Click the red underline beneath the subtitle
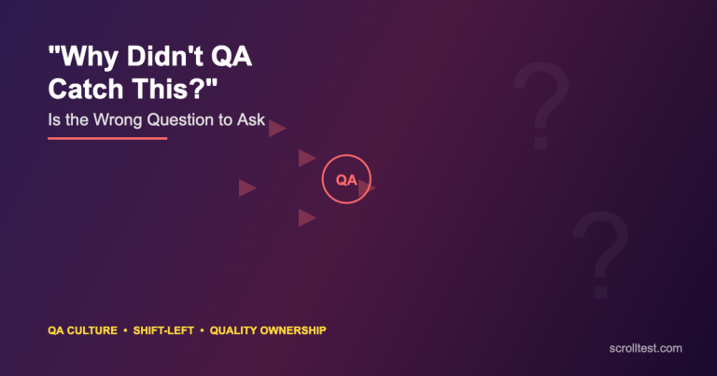pos(107,138)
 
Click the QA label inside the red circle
pos(346,180)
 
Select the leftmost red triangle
pos(246,188)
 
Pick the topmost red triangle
pos(276,129)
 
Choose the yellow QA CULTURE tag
pos(82,331)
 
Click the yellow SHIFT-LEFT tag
pos(164,331)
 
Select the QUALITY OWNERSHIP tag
pos(268,331)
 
